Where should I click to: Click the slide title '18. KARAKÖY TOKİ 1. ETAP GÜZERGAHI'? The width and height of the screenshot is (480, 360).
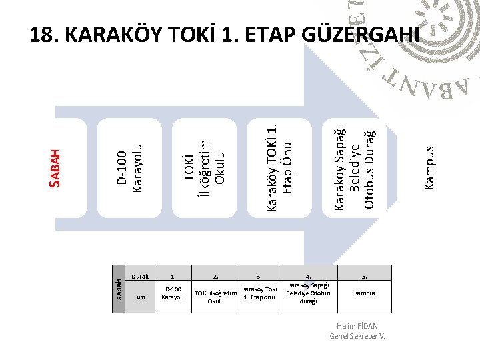(x=225, y=35)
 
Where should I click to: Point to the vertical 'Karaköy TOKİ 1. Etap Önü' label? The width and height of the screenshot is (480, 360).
(x=279, y=162)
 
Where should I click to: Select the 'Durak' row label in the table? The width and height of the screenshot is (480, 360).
(x=140, y=275)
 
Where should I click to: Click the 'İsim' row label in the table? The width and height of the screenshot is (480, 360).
(x=140, y=297)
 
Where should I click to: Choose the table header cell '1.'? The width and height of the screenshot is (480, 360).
(x=173, y=275)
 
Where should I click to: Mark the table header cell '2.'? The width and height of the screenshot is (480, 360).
(x=215, y=275)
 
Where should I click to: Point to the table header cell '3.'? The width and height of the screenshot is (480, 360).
(x=259, y=275)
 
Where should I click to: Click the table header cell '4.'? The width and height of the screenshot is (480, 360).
(x=308, y=275)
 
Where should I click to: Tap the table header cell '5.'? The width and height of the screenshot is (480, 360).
(x=364, y=275)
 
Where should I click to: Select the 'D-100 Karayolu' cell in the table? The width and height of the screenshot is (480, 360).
(x=173, y=293)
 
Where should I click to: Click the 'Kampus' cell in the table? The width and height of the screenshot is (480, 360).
(x=364, y=293)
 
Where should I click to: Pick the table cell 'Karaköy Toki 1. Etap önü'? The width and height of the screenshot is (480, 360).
(x=259, y=293)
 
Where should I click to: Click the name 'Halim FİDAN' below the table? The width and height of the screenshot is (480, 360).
(x=358, y=326)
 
